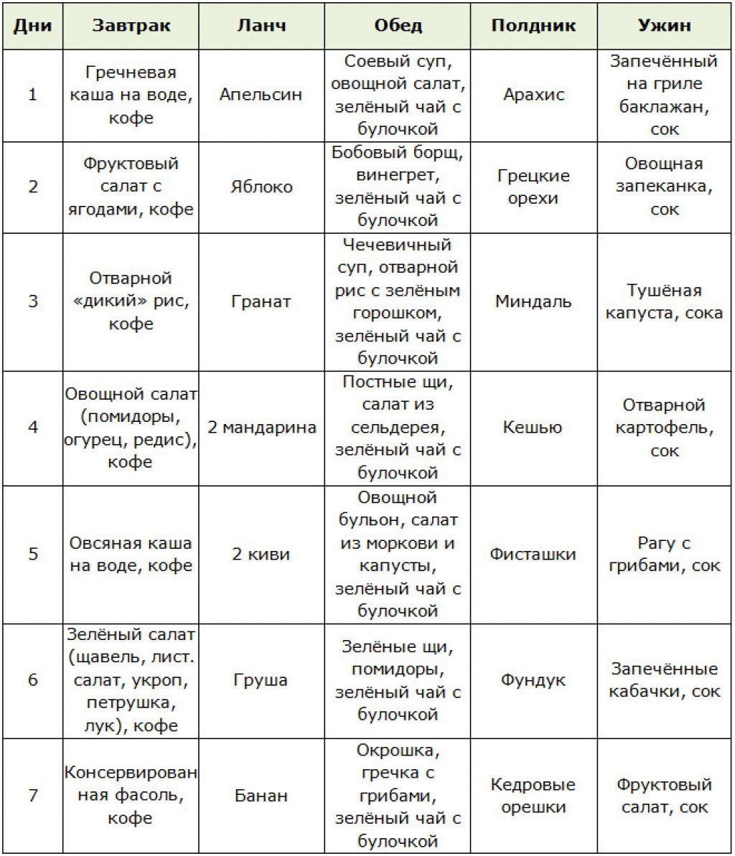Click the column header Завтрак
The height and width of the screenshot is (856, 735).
pos(131,26)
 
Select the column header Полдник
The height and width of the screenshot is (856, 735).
pos(533,26)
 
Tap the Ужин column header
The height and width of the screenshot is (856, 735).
pos(664,26)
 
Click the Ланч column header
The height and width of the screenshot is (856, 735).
pos(261,26)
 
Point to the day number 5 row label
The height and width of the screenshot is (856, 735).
pos(33,554)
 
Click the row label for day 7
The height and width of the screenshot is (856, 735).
pos(33,795)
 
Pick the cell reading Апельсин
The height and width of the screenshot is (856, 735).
pos(261,95)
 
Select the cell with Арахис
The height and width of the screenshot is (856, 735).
pos(533,95)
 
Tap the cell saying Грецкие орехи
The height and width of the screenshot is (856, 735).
pos(533,187)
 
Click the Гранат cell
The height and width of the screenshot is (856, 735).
pos(261,301)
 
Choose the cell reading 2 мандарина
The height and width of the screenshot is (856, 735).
pos(261,428)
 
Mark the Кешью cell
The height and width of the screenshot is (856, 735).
pos(533,428)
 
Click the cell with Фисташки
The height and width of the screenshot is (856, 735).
pos(533,554)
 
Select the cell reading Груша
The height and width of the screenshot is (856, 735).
pos(261,679)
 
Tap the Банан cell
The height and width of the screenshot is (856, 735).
pos(261,795)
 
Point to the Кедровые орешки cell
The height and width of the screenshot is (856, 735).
pos(533,795)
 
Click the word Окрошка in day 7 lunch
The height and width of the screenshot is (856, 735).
pos(395,751)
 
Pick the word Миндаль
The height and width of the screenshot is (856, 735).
pos(533,301)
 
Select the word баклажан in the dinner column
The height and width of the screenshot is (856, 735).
pos(664,107)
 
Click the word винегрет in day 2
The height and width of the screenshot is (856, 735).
pos(395,175)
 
